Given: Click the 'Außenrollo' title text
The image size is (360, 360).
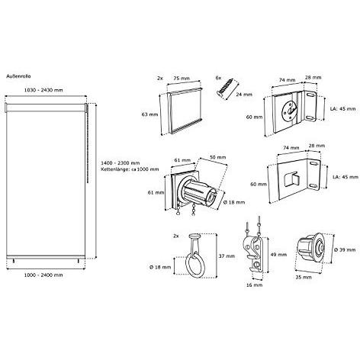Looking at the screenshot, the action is (x=18, y=76).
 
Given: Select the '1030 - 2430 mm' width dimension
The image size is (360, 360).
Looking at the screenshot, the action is (x=43, y=90).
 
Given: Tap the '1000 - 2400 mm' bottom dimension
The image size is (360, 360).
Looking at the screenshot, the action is (x=43, y=275).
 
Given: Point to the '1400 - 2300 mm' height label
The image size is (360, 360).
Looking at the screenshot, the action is (x=121, y=163).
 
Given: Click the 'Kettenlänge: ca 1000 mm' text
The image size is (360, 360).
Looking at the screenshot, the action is (x=130, y=169).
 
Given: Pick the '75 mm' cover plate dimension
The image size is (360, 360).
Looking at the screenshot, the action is (x=182, y=79).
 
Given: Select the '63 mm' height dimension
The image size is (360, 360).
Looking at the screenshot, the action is (x=149, y=114).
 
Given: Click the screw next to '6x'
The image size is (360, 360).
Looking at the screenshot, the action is (x=227, y=88).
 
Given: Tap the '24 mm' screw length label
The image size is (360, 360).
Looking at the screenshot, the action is (x=244, y=95).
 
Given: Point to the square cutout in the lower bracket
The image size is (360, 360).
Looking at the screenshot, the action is (x=291, y=179).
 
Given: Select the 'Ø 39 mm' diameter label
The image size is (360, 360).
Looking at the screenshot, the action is (x=345, y=250).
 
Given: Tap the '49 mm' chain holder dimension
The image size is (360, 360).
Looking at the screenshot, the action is (x=278, y=255).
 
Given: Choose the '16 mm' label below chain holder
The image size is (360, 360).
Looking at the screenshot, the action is (x=254, y=285).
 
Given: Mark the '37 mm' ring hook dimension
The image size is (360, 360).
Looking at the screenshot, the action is (x=227, y=256).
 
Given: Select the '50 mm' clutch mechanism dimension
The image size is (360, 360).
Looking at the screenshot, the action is (x=217, y=157).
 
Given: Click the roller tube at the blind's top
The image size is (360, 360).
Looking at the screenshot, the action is (x=45, y=108).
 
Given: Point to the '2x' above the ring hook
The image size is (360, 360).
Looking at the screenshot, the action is (x=176, y=236).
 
